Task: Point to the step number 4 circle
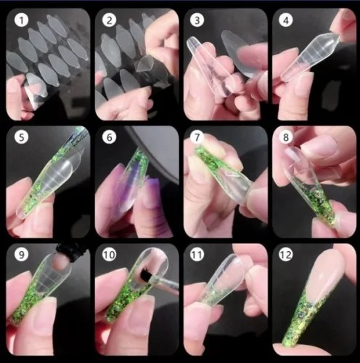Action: point(285,21)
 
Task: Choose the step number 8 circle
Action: point(285,138)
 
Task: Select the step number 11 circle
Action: point(197,256)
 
